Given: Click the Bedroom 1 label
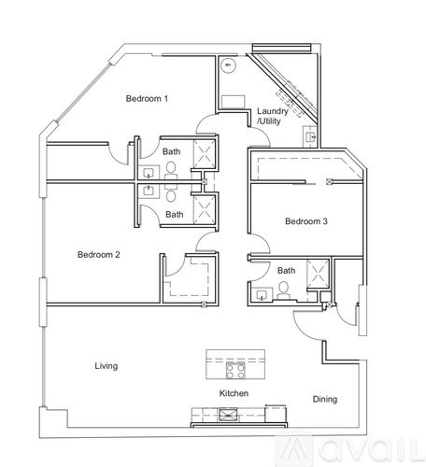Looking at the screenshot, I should (148, 99).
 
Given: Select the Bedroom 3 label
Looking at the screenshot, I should (305, 220).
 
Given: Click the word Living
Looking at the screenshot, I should (106, 366).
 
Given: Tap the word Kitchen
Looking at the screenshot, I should (234, 393).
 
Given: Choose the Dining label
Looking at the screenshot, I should (324, 400).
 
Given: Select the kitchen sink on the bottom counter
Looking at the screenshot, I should (206, 412).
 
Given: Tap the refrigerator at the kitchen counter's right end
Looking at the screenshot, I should (275, 412).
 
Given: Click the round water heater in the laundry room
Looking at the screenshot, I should (227, 67).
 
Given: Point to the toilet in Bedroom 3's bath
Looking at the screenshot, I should (283, 289).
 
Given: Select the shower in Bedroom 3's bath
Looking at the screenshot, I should (317, 274).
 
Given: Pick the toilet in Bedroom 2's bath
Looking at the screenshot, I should (170, 193).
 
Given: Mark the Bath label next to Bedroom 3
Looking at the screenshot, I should (286, 271).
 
